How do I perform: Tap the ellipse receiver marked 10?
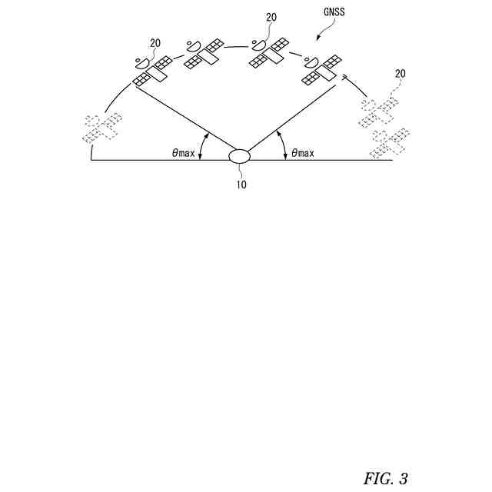click(x=241, y=155)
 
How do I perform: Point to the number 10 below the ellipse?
click(x=241, y=184)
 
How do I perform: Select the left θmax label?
click(x=184, y=154)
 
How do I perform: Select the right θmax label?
click(x=301, y=154)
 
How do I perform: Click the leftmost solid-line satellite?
click(x=152, y=70)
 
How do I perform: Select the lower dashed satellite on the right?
click(x=388, y=143)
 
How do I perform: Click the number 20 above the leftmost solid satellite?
click(x=156, y=44)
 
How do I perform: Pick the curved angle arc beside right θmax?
click(x=281, y=145)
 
